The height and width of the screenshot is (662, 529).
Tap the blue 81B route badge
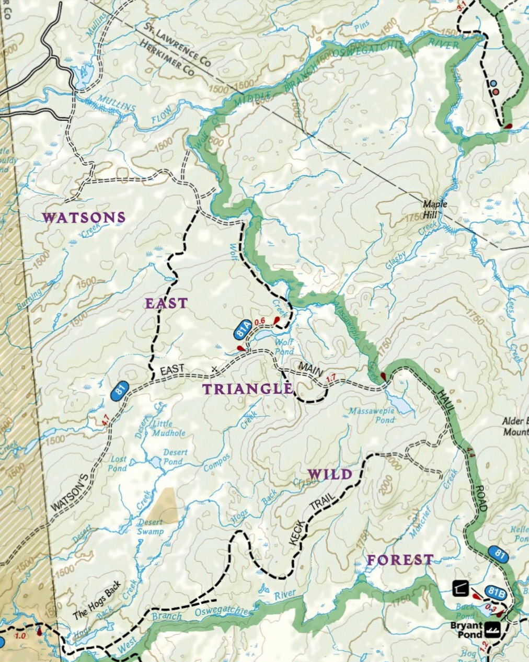coord(494,591)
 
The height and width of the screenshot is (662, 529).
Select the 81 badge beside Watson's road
coord(120,391)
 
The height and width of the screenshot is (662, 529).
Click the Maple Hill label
coord(435,204)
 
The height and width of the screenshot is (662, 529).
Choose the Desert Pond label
coord(172,456)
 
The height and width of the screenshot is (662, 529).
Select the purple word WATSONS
coord(84,218)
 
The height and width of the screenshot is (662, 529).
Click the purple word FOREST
coord(400,560)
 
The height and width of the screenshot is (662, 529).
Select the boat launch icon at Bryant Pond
coord(493,629)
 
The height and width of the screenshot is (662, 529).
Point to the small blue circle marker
coord(493,83)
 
